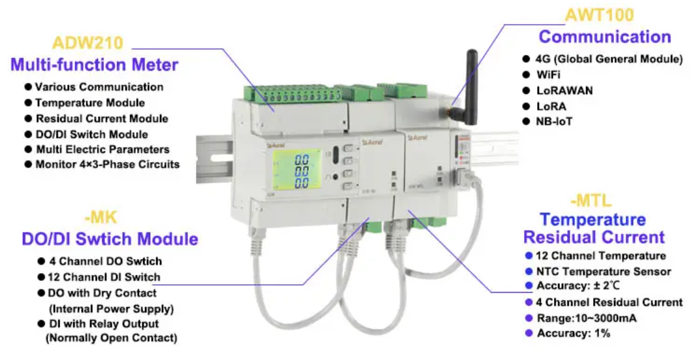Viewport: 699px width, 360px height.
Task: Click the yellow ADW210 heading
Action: [88, 43]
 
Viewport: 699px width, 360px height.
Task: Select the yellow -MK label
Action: [103, 218]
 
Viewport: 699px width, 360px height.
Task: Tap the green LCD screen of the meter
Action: [293, 171]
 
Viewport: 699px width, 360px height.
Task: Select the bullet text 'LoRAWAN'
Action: [564, 90]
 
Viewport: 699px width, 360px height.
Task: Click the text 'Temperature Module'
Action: [90, 103]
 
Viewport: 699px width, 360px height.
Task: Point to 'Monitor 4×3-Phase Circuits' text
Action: [107, 165]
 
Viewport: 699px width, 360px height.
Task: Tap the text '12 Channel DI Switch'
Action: [105, 277]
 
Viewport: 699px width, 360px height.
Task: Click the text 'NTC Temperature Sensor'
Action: [603, 271]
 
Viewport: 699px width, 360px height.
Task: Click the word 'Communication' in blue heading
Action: [604, 37]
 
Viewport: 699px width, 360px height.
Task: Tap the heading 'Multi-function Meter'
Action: [94, 65]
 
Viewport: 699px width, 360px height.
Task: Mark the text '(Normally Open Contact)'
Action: [110, 338]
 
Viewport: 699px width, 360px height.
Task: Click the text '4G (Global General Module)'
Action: [609, 59]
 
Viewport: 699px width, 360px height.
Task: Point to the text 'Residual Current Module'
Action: [102, 118]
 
